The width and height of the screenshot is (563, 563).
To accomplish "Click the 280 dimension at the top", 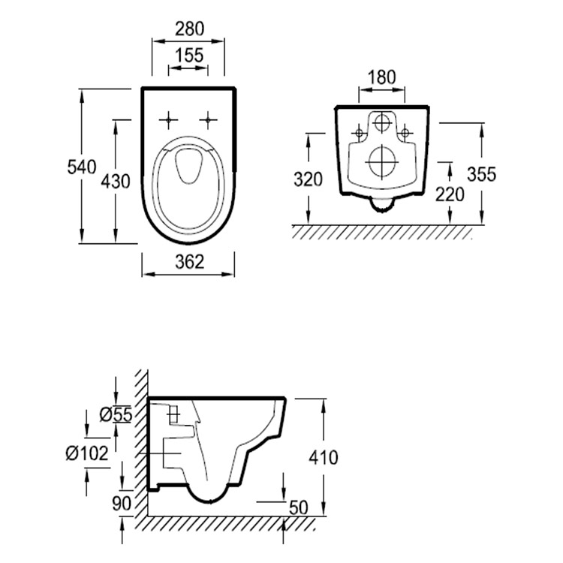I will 189,29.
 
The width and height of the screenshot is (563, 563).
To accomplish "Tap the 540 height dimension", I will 81,167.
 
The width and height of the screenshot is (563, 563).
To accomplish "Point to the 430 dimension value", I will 116,181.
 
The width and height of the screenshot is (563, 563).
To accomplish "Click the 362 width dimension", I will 189,262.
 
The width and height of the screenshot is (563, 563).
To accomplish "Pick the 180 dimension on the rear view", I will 383,77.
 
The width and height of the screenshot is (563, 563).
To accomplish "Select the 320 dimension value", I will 308,179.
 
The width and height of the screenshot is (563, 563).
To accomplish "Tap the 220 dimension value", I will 449,194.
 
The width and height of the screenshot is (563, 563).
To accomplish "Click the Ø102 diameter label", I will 86,453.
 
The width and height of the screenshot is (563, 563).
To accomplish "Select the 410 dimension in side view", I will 323,456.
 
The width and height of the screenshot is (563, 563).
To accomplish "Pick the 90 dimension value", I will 122,502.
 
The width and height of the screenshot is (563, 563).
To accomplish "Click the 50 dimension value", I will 300,508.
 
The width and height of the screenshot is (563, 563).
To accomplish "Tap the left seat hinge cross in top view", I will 169,119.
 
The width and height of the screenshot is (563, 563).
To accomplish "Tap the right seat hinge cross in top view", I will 208,119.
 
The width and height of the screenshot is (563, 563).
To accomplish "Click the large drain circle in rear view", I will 383,160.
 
